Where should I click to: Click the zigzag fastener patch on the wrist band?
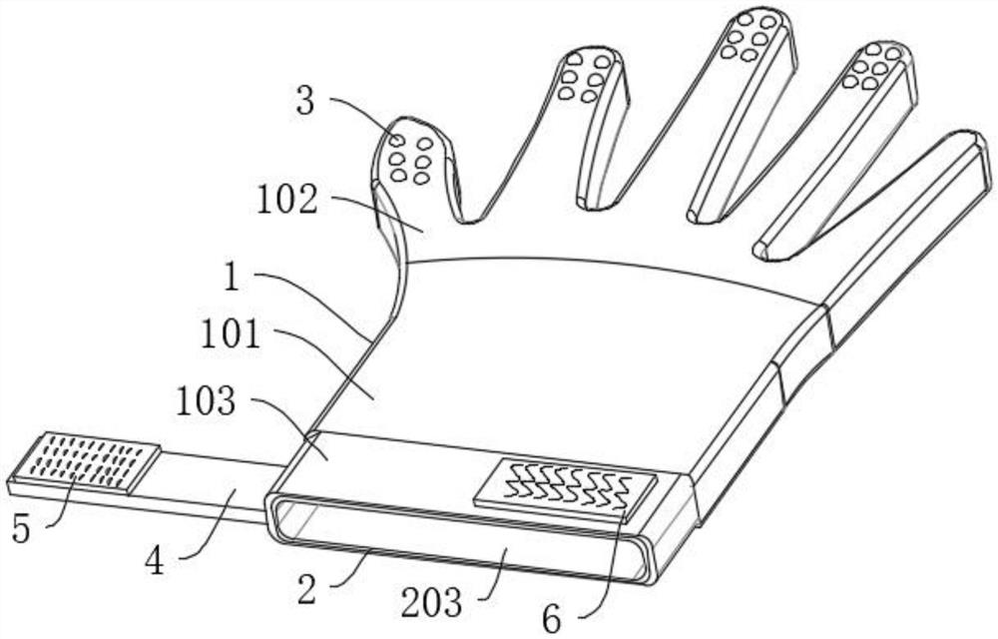click(565, 489)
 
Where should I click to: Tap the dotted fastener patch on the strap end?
click(88, 462)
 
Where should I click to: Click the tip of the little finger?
click(963, 150)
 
